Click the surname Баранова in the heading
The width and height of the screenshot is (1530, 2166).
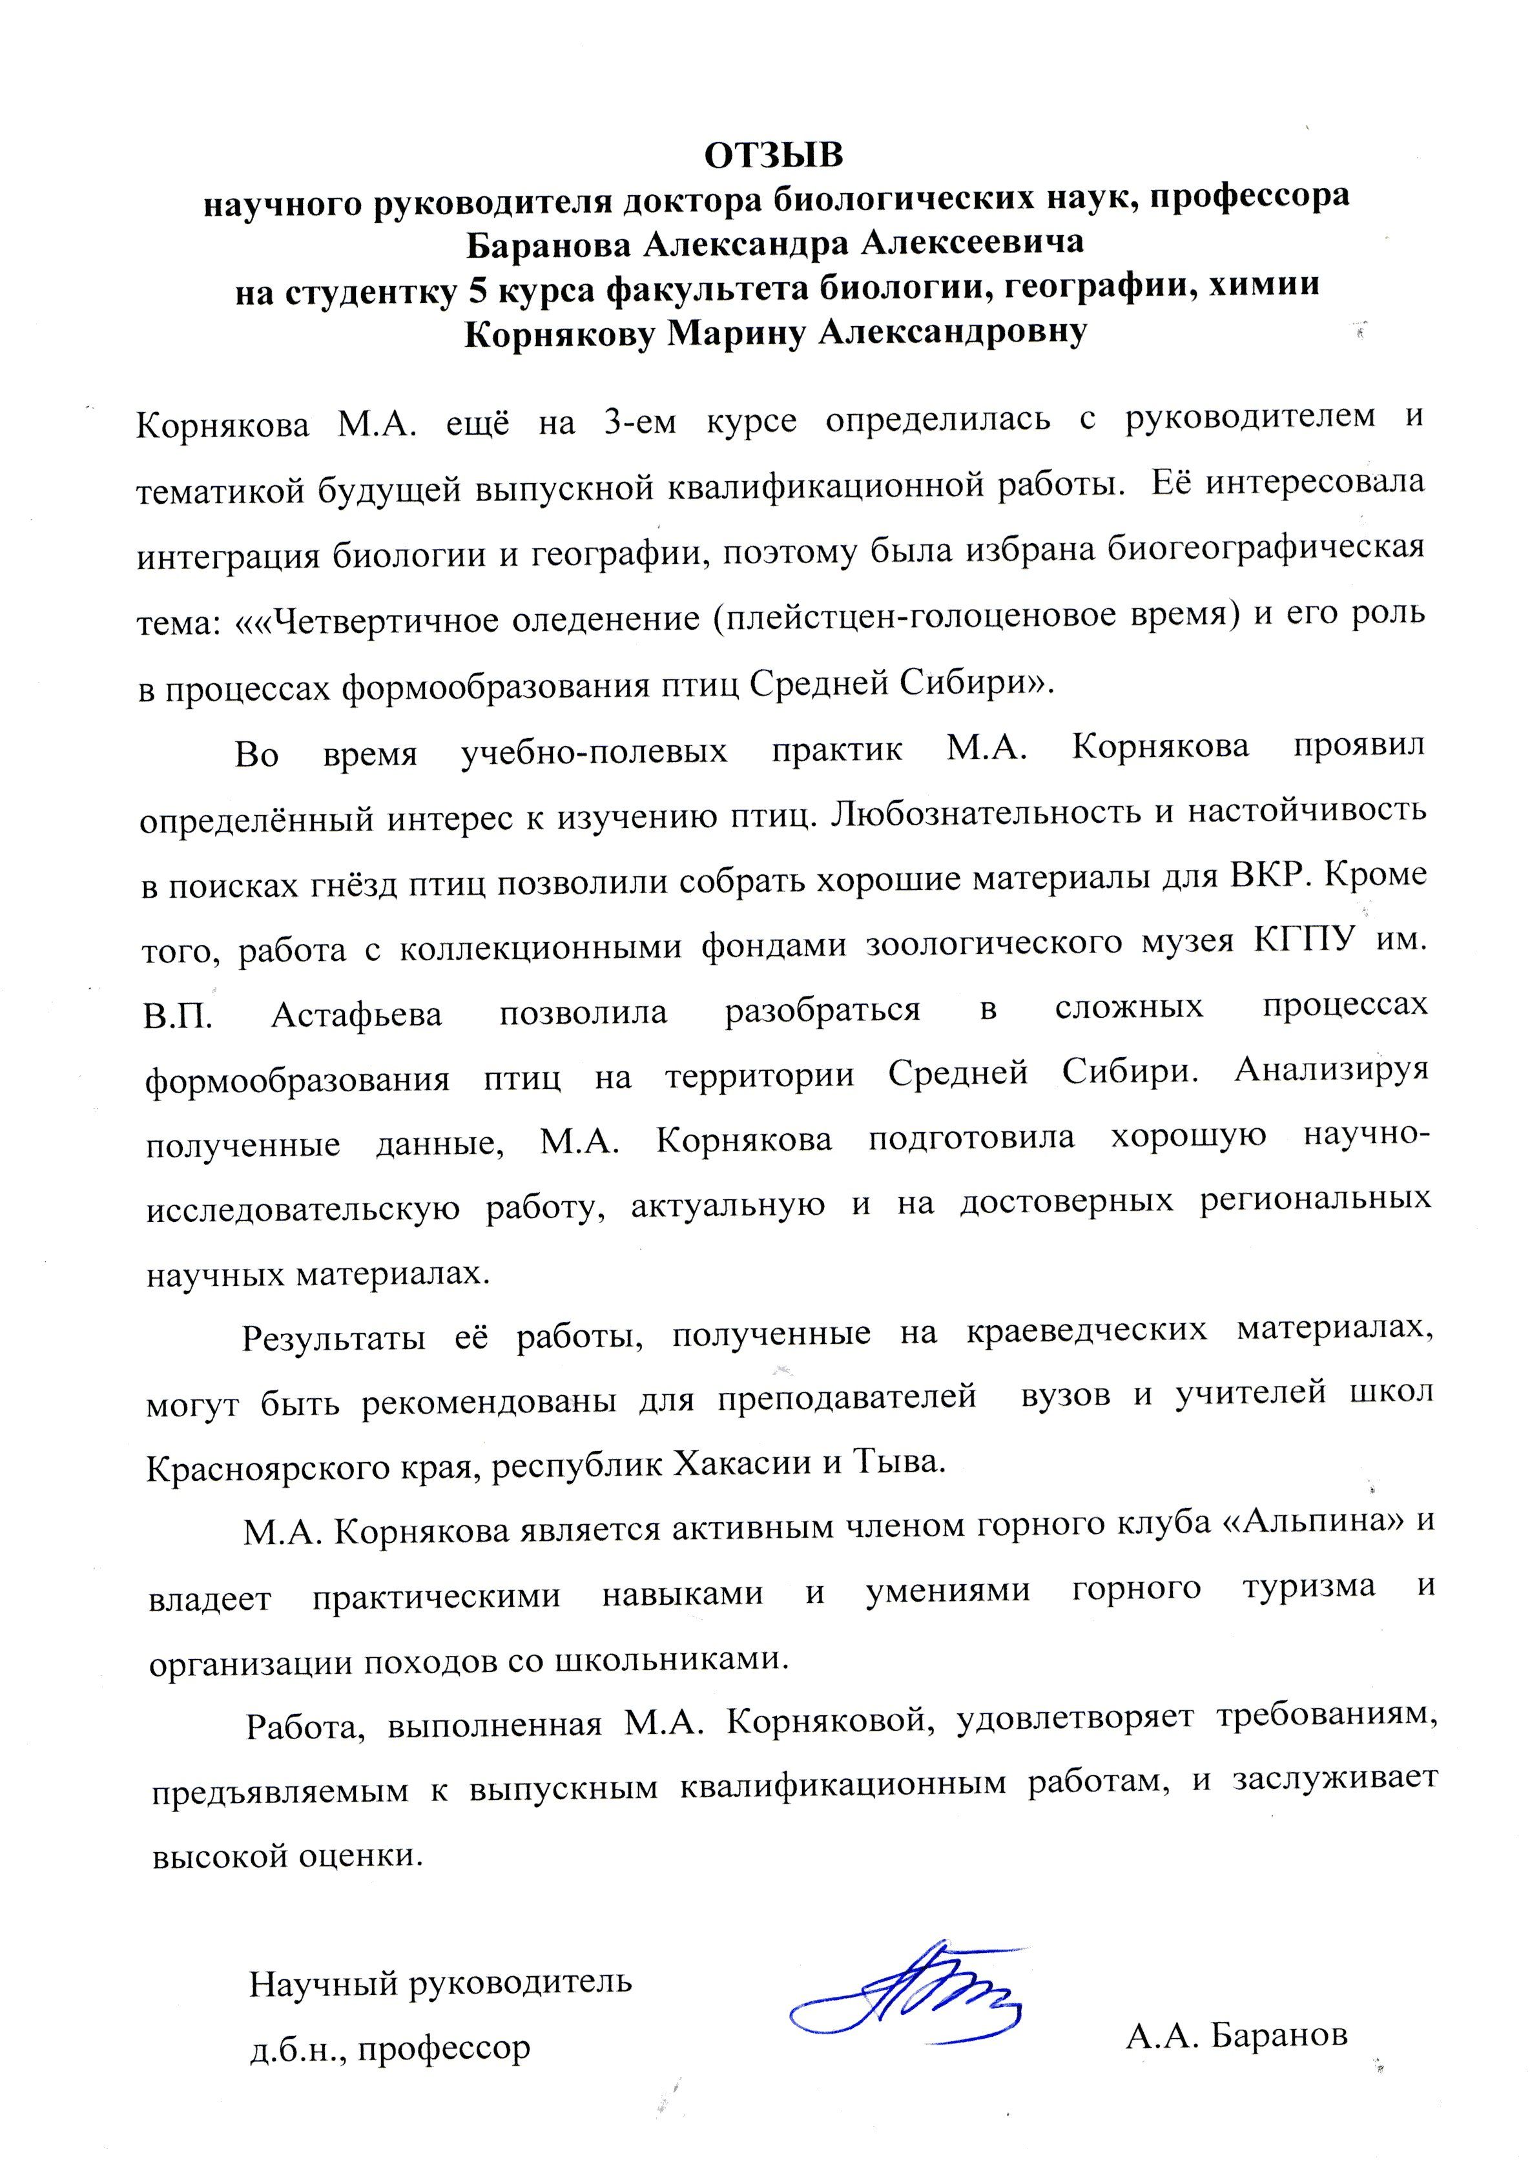tap(548, 243)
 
